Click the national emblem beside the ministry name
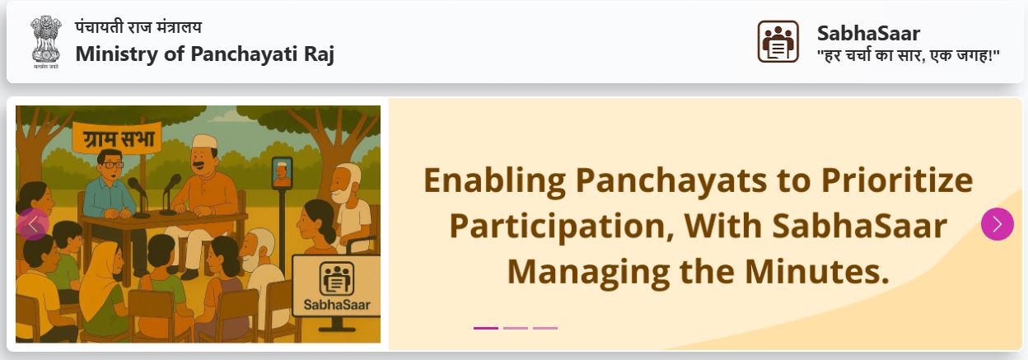click(46, 42)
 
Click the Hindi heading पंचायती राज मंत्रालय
click(138, 27)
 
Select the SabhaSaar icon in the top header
click(778, 41)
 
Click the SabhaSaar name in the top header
click(868, 34)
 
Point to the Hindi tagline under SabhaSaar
click(909, 55)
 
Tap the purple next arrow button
click(998, 224)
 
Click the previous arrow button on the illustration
click(33, 224)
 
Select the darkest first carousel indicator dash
click(485, 328)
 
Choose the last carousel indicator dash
click(545, 328)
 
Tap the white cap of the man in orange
click(204, 142)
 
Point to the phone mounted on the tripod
click(282, 173)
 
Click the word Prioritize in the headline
click(897, 180)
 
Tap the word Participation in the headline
click(562, 226)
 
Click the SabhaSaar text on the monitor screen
click(337, 305)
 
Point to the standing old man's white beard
click(340, 193)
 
